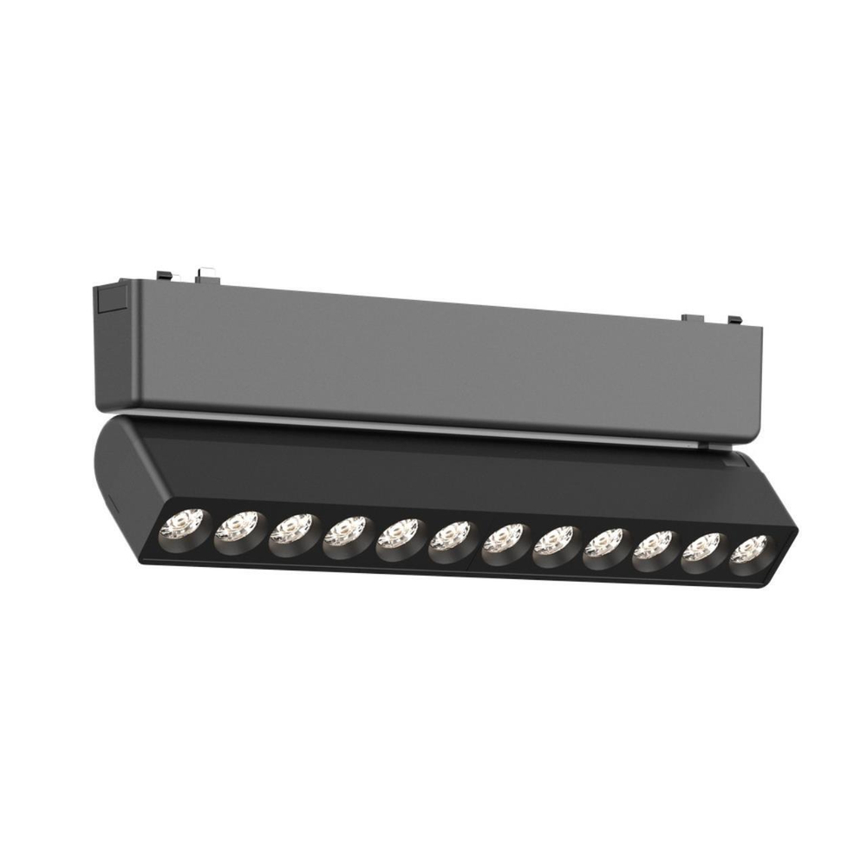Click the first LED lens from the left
click(184, 524)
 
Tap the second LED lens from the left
click(236, 527)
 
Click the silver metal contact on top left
click(205, 273)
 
